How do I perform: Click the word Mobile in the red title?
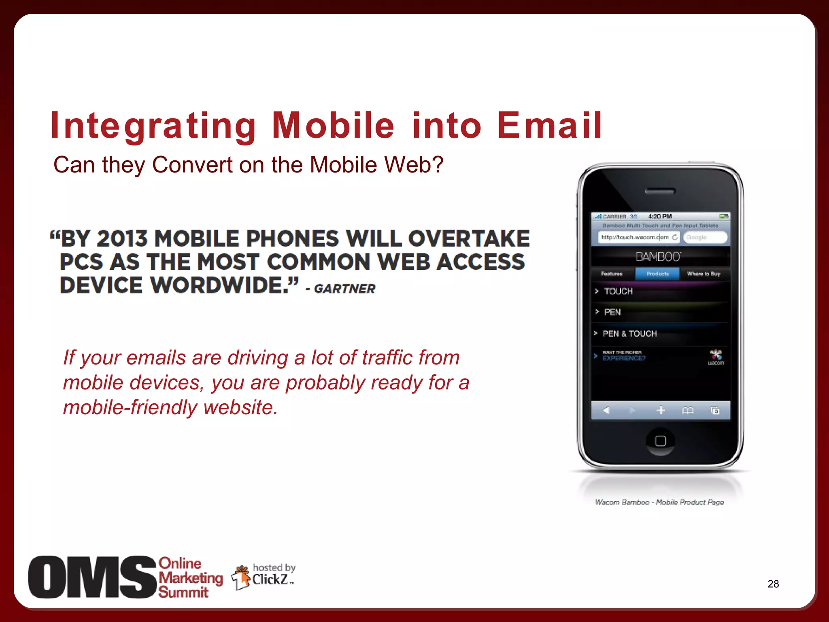333,126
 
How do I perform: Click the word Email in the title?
550,126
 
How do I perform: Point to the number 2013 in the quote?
122,239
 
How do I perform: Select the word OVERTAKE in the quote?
469,239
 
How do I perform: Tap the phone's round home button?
660,441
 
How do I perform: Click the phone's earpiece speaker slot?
660,191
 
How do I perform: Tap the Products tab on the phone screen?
657,274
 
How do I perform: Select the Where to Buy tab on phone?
704,274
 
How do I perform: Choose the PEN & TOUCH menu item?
629,334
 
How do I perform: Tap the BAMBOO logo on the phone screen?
659,257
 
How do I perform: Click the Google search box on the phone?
704,237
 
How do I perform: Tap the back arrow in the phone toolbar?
606,411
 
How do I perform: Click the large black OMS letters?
92,577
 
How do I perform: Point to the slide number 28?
773,584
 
